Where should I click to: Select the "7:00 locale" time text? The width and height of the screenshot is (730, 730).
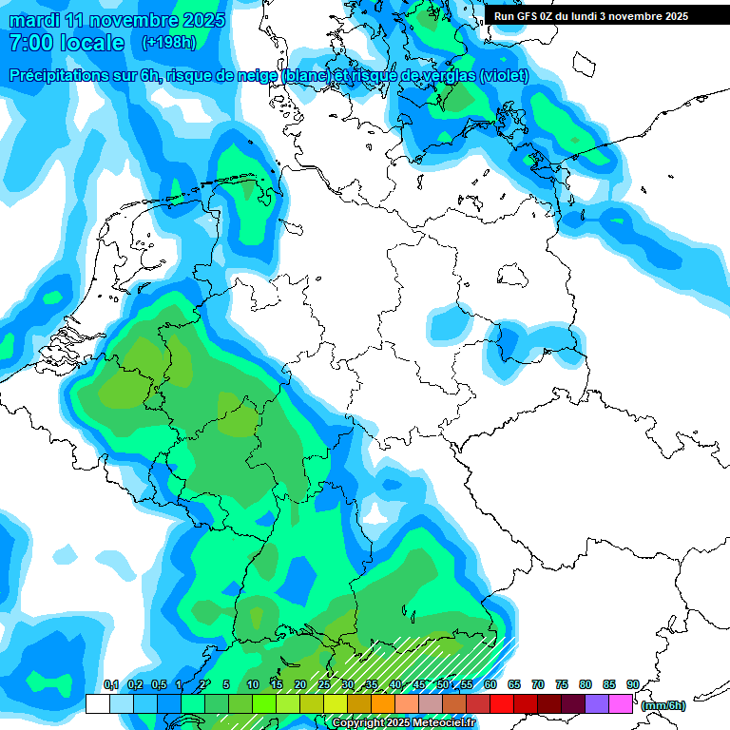66,43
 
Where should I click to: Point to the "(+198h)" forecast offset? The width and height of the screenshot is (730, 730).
168,43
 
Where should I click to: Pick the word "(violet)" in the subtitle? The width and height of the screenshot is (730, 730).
504,75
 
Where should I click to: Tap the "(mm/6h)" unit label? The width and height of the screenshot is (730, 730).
663,705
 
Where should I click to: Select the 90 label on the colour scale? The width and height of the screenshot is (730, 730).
632,684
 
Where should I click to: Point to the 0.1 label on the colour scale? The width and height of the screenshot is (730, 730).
110,684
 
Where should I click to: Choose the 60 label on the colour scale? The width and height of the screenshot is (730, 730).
490,684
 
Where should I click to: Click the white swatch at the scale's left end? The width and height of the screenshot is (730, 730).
98,703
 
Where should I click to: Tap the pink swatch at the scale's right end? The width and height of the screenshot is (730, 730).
621,703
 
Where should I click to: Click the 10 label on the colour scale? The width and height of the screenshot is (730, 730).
253,684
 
